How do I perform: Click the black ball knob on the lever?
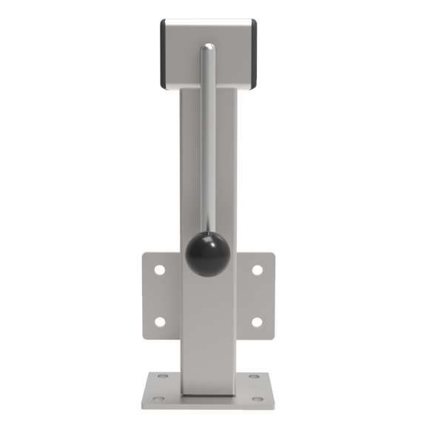(x=207, y=254)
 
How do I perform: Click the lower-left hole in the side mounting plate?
(x=159, y=322)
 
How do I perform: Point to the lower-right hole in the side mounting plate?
(x=257, y=322)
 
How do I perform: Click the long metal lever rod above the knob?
(x=208, y=148)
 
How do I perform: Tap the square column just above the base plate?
(x=209, y=370)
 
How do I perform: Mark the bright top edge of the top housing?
(x=209, y=21)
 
